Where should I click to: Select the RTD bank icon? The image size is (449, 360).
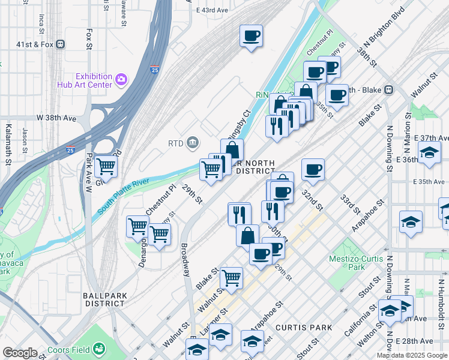(x=192, y=142)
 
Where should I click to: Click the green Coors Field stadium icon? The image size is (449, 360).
(x=98, y=349)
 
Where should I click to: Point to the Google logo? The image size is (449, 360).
(x=20, y=353)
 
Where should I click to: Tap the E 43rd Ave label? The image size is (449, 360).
(x=212, y=11)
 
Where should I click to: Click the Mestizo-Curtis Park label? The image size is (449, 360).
(x=355, y=262)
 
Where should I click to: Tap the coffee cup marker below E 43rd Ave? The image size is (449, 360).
(x=251, y=35)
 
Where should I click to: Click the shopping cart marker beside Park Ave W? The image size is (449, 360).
(x=106, y=166)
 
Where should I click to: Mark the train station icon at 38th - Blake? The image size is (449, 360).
(x=388, y=89)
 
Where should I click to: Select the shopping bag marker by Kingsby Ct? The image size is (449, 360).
(x=232, y=150)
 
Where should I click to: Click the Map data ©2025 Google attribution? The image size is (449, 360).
(x=412, y=355)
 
